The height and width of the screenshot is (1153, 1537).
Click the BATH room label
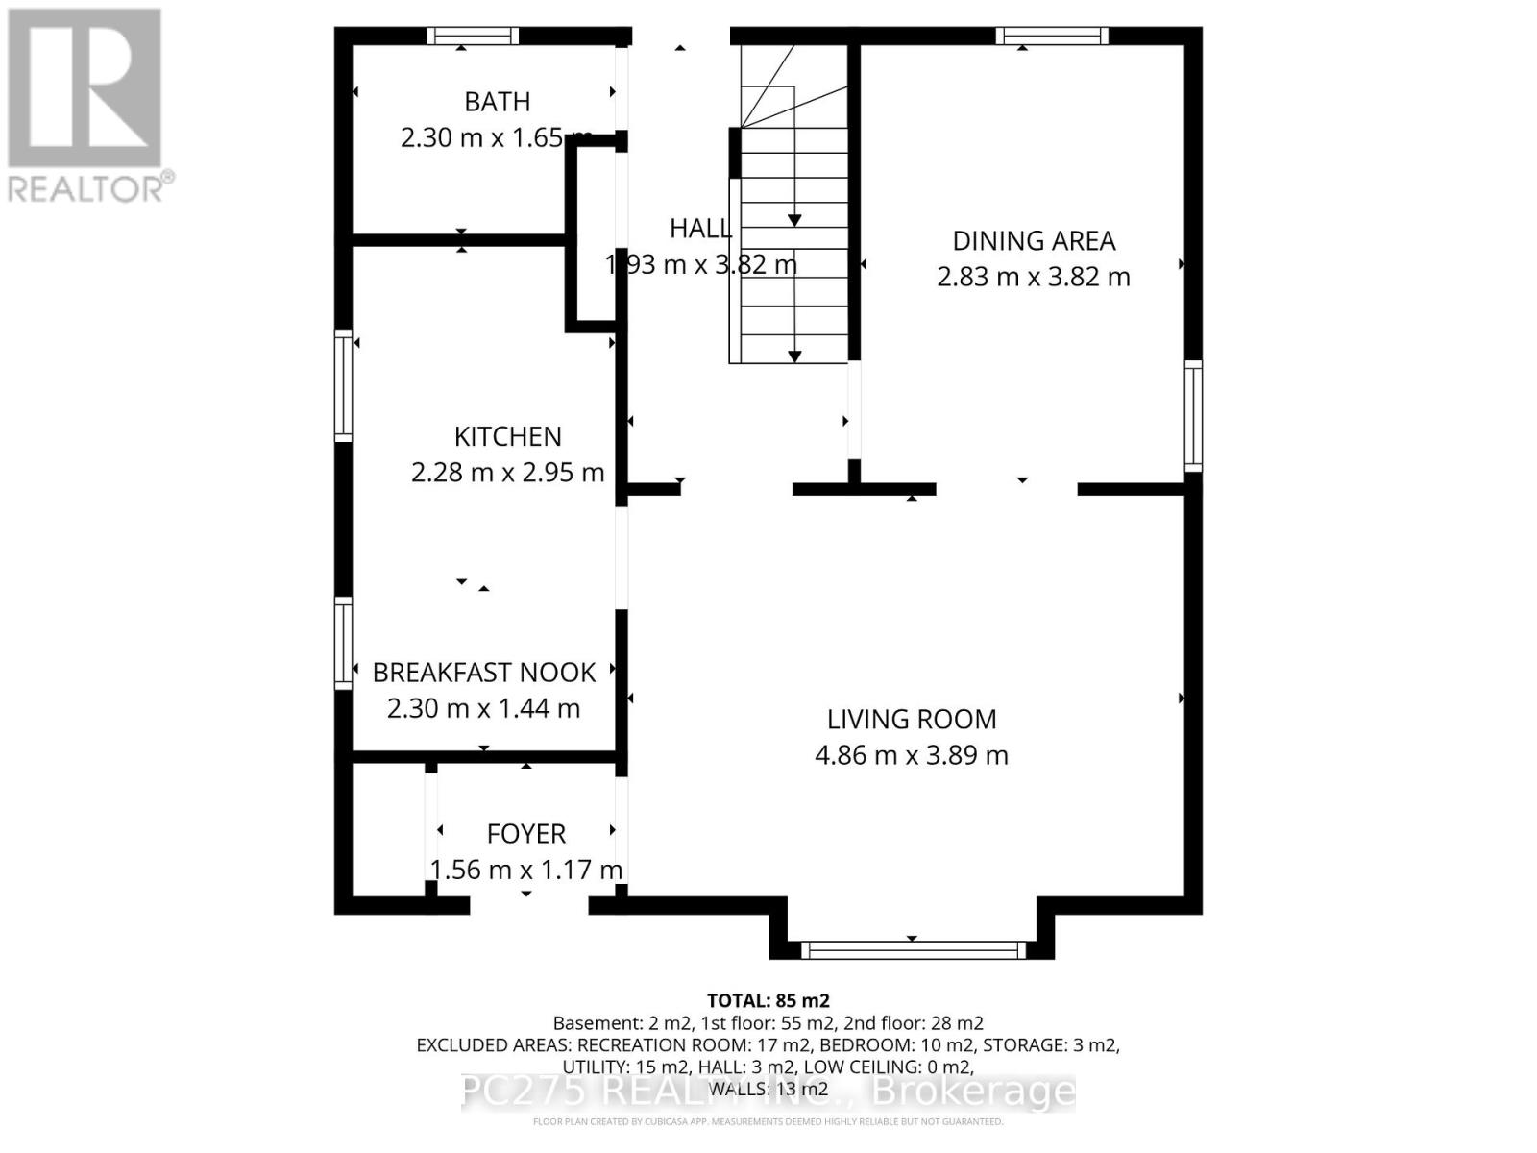tap(497, 102)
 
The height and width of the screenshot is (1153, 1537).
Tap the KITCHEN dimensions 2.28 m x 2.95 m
tap(507, 473)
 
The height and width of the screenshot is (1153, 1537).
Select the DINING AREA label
tap(1034, 241)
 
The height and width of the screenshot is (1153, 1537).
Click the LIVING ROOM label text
tap(912, 720)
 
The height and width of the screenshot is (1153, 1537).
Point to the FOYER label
tap(525, 834)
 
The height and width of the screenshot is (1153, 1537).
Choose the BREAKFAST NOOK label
tap(484, 673)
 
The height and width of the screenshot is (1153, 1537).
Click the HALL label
tap(700, 229)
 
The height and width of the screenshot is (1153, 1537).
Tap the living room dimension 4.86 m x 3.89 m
tap(912, 756)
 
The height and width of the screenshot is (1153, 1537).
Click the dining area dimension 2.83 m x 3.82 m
tap(1034, 278)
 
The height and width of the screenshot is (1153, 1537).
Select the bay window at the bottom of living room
tap(912, 950)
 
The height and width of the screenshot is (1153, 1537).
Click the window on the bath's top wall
tap(473, 37)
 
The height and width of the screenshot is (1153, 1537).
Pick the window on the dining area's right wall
tap(1192, 416)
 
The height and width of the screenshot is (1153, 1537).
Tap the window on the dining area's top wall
tap(1051, 37)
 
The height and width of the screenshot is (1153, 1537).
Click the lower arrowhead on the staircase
tap(794, 356)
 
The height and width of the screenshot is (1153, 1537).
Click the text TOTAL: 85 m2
tap(768, 1001)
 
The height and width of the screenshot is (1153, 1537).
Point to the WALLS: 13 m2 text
tap(768, 1090)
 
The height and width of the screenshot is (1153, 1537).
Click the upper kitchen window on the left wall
tap(343, 386)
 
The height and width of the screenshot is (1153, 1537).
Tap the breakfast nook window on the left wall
tap(343, 643)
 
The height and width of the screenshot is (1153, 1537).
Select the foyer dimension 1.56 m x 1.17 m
tap(525, 871)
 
